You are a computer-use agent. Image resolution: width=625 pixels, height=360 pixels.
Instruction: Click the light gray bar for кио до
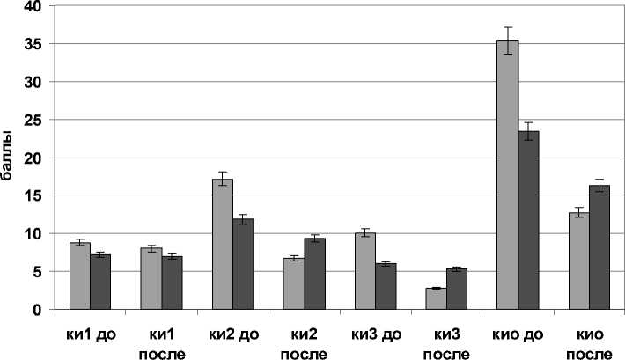[x=507, y=175]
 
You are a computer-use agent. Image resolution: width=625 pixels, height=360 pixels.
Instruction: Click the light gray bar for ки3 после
[x=436, y=298]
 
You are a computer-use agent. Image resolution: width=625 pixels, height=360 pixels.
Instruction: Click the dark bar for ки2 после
[x=315, y=274]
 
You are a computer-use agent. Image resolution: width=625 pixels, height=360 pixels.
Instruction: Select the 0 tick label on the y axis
[x=38, y=310]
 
